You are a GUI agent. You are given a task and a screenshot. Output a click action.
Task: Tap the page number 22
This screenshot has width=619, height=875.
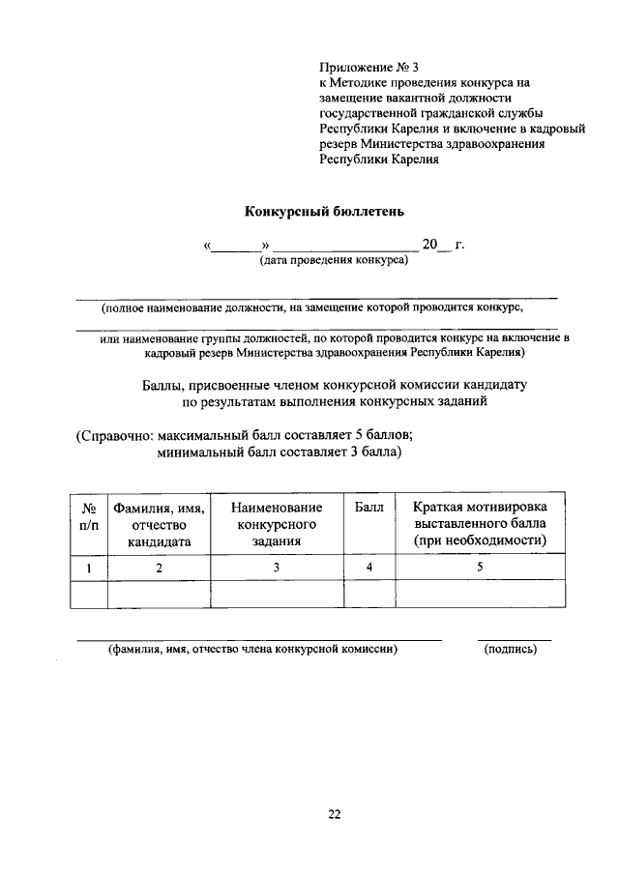tap(333, 814)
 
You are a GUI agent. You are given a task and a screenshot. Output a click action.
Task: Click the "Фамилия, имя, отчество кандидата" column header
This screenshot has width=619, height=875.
tap(159, 524)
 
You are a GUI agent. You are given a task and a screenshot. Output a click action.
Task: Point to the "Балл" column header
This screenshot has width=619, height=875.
tap(368, 508)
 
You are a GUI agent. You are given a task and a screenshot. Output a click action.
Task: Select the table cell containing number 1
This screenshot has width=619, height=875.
tap(88, 568)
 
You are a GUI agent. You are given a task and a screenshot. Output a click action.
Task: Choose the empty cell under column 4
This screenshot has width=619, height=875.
tap(368, 594)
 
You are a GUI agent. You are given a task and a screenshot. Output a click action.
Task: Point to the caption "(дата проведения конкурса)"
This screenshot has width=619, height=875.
tap(333, 261)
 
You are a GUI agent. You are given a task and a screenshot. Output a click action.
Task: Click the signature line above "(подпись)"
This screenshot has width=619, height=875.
tap(514, 639)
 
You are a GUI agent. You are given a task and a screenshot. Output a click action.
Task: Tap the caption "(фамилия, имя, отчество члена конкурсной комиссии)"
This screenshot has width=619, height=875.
tap(253, 650)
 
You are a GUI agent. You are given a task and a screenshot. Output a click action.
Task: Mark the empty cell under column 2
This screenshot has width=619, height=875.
tap(159, 594)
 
